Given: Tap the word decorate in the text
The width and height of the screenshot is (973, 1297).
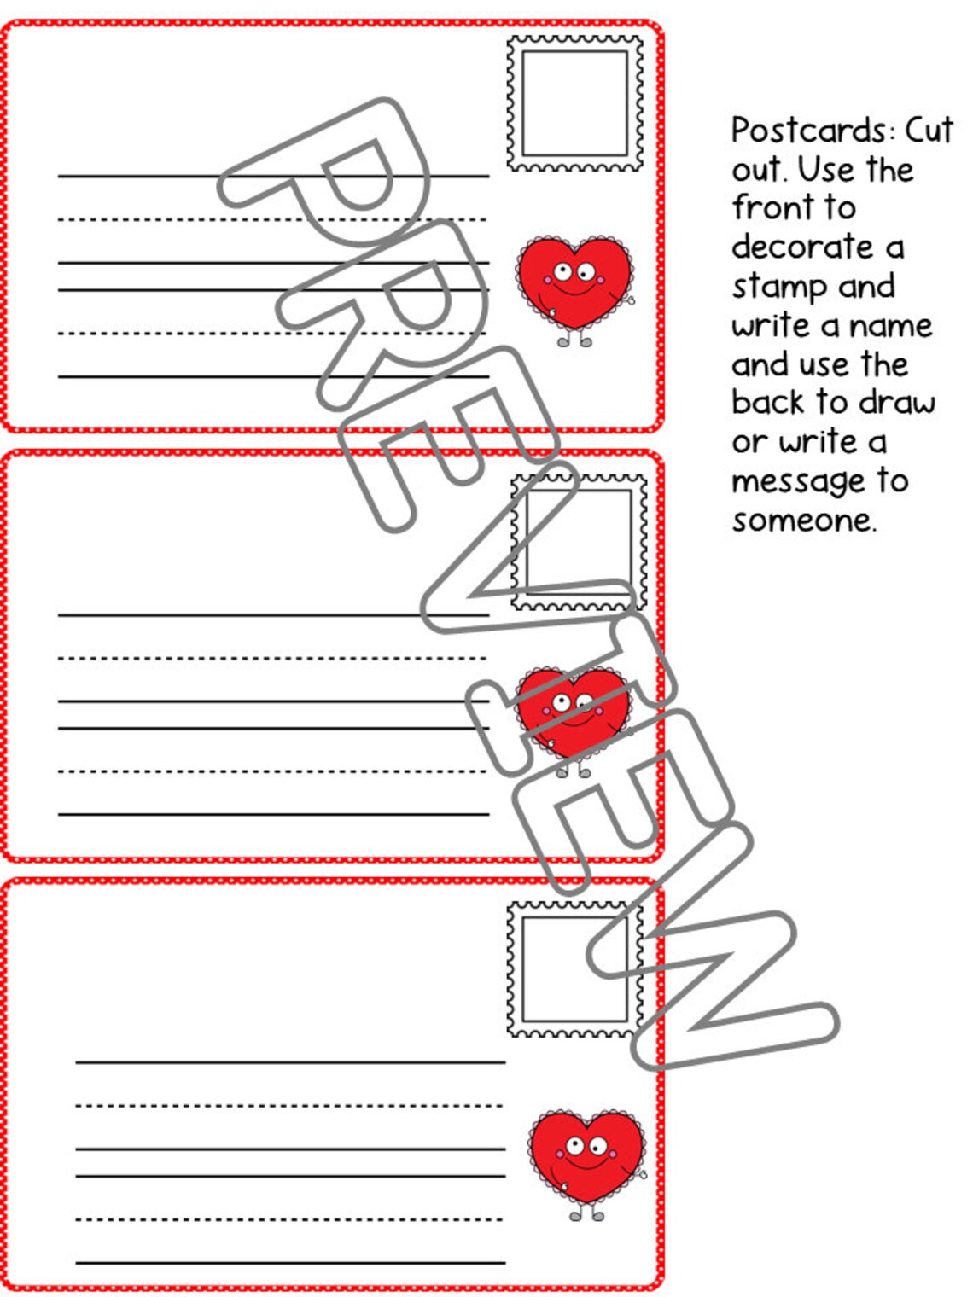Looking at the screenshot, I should tap(802, 247).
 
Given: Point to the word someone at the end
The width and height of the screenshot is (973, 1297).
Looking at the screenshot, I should tap(802, 521).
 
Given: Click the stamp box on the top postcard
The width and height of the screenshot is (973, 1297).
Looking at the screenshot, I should tap(574, 103).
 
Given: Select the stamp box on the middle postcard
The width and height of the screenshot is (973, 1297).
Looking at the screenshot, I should tap(579, 542).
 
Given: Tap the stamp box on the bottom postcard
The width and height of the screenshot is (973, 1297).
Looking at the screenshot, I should tap(574, 968).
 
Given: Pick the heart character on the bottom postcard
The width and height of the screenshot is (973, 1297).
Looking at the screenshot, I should tap(586, 1156).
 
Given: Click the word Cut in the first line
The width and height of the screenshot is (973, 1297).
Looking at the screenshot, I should tap(928, 131).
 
